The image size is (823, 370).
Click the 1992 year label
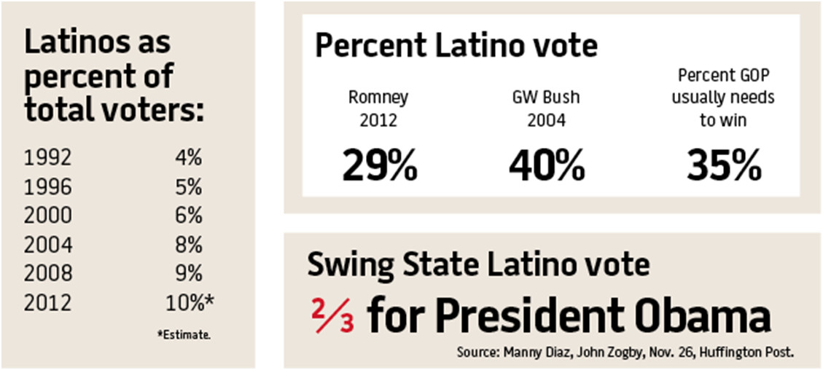tap(48, 158)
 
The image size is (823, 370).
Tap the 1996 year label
tap(48, 187)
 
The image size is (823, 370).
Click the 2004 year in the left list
tap(48, 245)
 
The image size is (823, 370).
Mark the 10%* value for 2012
tap(190, 302)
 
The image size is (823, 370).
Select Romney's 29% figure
tap(380, 167)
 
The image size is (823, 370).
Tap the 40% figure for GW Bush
tap(547, 167)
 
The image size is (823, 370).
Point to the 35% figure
tap(722, 167)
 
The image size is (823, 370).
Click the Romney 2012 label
tap(379, 109)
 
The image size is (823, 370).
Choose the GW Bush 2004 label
tap(546, 109)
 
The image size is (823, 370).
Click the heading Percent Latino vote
tap(456, 47)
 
